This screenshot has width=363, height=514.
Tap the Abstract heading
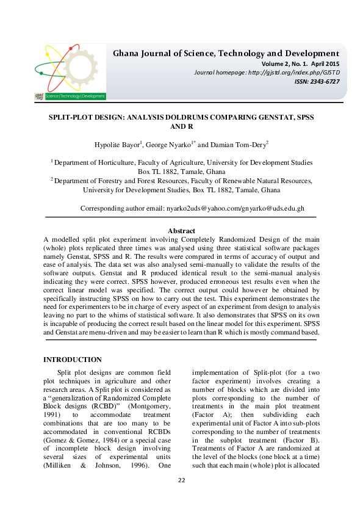tap(181, 231)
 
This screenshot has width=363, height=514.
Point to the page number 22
tap(181, 498)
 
